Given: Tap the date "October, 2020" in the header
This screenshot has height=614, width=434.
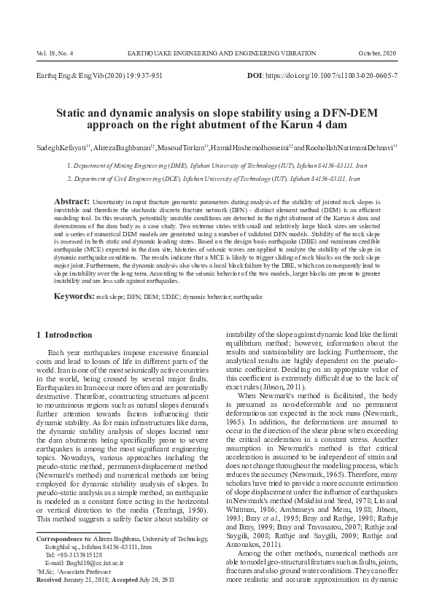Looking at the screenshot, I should coord(378,55).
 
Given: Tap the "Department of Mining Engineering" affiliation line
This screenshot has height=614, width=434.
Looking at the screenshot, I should coord(216,166).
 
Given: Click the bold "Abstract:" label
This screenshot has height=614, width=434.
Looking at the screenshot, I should coord(72,200).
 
